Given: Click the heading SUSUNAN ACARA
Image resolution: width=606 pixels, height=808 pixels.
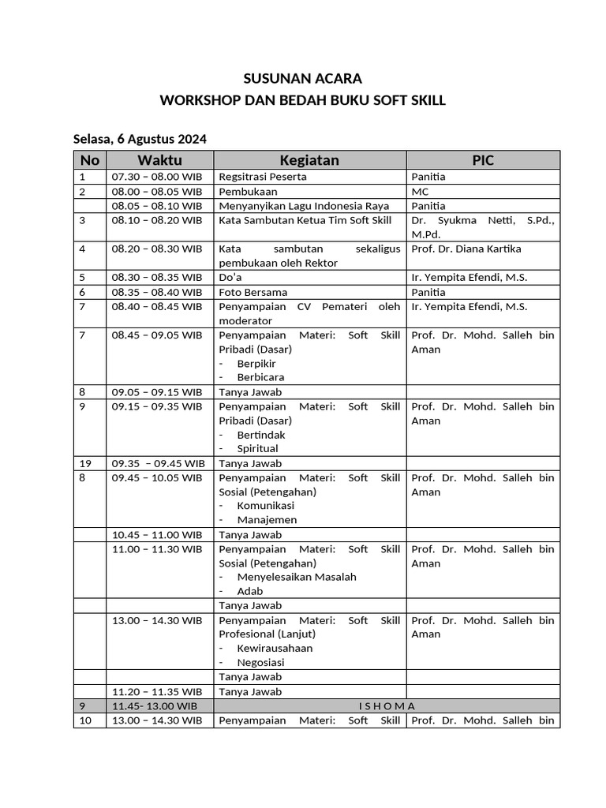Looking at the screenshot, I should (302, 79).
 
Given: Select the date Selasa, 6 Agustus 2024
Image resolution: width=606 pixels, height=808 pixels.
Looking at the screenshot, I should (140, 140).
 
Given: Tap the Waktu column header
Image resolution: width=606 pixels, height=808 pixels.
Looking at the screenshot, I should (159, 160).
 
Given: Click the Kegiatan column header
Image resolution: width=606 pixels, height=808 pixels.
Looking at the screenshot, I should (309, 160).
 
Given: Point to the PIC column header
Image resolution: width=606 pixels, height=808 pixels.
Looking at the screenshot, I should (483, 160).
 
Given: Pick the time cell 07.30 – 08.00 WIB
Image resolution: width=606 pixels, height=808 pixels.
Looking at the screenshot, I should (157, 177).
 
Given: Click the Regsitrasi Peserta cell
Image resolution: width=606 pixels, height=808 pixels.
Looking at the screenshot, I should (263, 177).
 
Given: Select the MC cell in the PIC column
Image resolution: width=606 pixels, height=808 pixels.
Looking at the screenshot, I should (420, 192).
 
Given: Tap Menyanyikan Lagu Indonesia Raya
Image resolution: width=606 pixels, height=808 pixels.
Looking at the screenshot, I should (293, 206).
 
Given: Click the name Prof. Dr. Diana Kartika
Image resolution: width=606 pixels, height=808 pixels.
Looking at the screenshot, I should (466, 249).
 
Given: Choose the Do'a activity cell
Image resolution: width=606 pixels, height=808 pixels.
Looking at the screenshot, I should (230, 277).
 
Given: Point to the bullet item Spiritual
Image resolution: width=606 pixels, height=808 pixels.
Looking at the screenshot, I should (257, 449).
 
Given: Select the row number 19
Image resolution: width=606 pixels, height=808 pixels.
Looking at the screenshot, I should (84, 463).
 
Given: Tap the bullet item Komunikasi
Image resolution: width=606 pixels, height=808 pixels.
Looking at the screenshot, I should (265, 506).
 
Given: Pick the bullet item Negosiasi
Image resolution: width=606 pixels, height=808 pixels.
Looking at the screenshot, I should (260, 663).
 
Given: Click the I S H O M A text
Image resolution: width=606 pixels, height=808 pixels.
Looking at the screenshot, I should (387, 706).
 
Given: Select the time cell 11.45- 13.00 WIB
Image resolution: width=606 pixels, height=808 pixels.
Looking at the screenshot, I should (155, 706).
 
